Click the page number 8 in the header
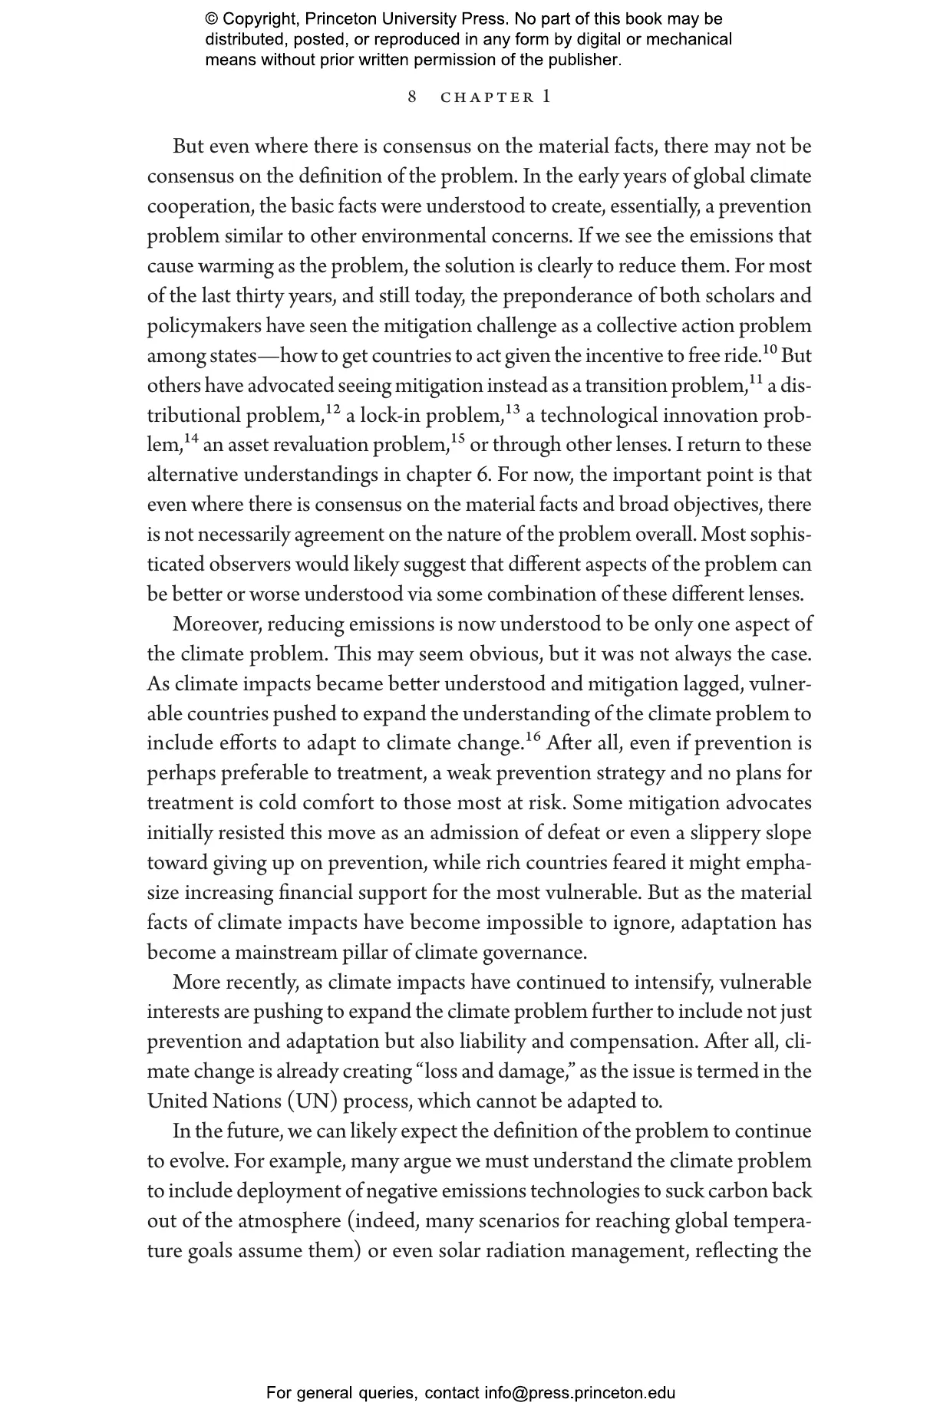pyautogui.click(x=413, y=97)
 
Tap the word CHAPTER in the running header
pyautogui.click(x=487, y=97)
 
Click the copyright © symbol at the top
pyautogui.click(x=211, y=19)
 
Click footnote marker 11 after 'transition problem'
pyautogui.click(x=755, y=380)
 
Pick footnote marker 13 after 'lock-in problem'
pyautogui.click(x=512, y=410)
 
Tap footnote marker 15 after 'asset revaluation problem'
pyautogui.click(x=457, y=440)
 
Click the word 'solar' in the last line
pyautogui.click(x=460, y=1251)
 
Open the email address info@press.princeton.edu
pyautogui.click(x=579, y=1393)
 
